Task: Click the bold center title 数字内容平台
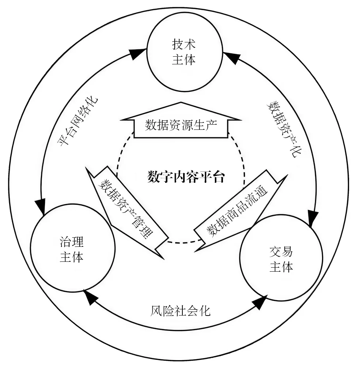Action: pos(186,177)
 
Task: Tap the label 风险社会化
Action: pos(180,311)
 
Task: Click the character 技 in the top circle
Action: pos(178,44)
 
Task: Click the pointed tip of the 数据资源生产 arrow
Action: pos(181,102)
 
